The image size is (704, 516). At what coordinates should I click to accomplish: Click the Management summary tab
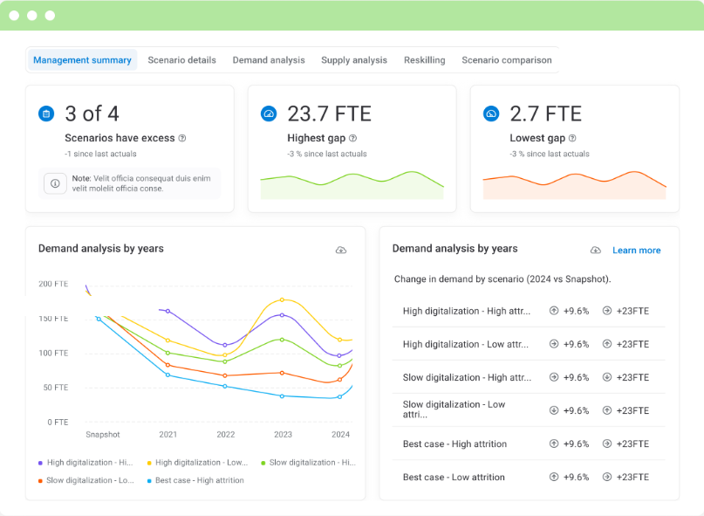point(82,60)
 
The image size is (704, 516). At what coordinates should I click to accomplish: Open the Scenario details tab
point(181,60)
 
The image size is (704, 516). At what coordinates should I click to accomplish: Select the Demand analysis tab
point(269,60)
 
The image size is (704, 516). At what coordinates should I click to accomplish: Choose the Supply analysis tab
point(354,60)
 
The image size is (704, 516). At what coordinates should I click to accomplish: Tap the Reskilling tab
point(424,60)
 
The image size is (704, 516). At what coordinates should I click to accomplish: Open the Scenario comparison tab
point(506,60)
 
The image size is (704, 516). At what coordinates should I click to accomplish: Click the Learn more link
point(636,251)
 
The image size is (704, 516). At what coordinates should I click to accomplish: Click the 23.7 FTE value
point(329,114)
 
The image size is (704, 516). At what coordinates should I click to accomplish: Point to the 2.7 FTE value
point(545,114)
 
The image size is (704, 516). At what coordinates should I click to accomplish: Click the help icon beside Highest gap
point(353,138)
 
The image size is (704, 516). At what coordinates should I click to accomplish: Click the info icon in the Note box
point(55,183)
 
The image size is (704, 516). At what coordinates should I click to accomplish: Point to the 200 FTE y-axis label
point(53,284)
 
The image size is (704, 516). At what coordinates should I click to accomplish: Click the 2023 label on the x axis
point(283,434)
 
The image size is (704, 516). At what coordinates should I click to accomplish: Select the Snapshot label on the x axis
point(103,434)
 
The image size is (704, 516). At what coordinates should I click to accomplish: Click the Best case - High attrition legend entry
point(200,480)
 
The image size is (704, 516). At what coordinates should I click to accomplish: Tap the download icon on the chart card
point(341,251)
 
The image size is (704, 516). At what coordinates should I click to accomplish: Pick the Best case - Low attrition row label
point(454,478)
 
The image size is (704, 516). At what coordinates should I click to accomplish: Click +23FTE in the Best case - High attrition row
point(632,444)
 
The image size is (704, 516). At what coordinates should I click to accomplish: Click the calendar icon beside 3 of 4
point(46,114)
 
